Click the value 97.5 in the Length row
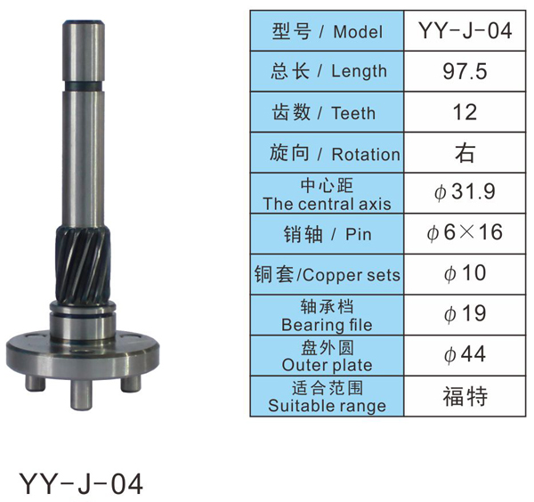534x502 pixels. [465, 71]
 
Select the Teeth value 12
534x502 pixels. [465, 112]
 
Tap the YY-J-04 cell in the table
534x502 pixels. [465, 30]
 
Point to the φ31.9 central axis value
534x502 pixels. [465, 191]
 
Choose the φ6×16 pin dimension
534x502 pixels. [465, 232]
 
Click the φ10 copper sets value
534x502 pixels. [465, 273]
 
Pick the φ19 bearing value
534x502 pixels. [465, 313]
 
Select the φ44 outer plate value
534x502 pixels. [465, 354]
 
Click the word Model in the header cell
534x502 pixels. [358, 32]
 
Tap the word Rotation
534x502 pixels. [366, 154]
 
